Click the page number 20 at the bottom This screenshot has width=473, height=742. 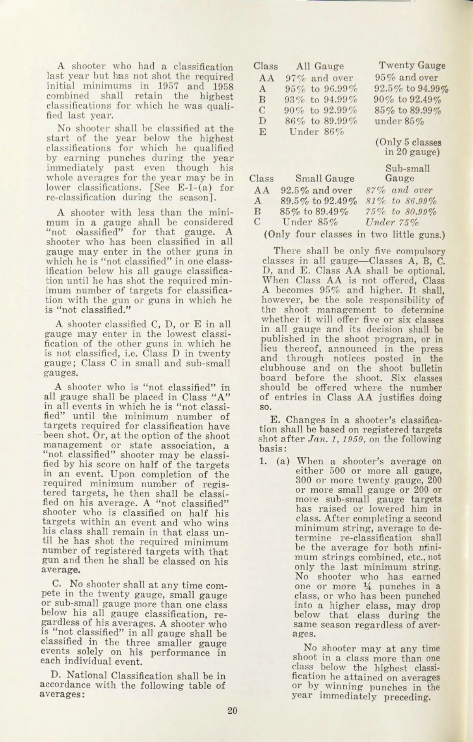[x=232, y=711]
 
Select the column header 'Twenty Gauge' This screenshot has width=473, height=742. [x=412, y=65]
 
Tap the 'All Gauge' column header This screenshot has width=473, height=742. [x=320, y=66]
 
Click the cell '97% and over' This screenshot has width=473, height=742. [x=319, y=78]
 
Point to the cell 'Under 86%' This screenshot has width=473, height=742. [x=317, y=132]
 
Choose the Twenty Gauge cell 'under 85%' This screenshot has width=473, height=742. [x=399, y=121]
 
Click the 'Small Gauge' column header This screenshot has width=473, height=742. [x=324, y=179]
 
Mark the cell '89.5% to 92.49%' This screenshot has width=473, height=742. [x=318, y=201]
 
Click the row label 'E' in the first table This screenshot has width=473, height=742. [x=262, y=132]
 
